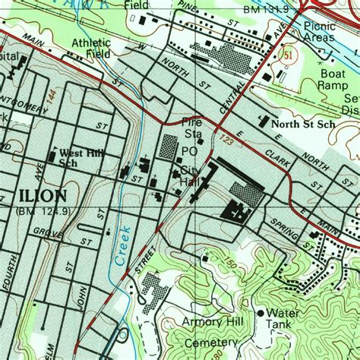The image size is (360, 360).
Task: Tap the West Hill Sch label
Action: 79,157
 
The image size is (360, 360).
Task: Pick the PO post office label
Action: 189,152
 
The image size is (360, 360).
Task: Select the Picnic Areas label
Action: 319,31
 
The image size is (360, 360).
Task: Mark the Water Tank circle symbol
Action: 261,312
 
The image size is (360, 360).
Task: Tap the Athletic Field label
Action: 91,49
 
